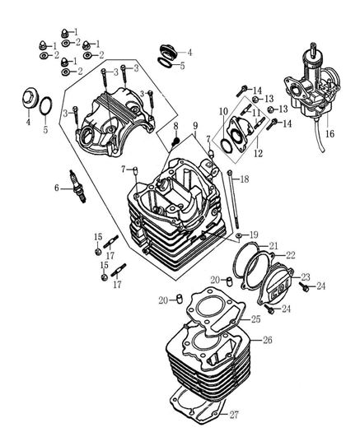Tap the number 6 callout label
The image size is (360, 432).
[x=57, y=188]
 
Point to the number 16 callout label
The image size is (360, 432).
[x=330, y=132]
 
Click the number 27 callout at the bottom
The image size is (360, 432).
[x=257, y=413]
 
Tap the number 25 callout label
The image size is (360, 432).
[x=255, y=318]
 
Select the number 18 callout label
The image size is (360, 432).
[x=244, y=179]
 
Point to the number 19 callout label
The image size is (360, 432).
[x=253, y=235]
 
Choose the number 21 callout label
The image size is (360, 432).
[x=274, y=244]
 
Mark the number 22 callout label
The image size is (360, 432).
[x=290, y=255]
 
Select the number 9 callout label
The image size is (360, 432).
[x=195, y=125]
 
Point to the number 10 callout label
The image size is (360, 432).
[x=222, y=110]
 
